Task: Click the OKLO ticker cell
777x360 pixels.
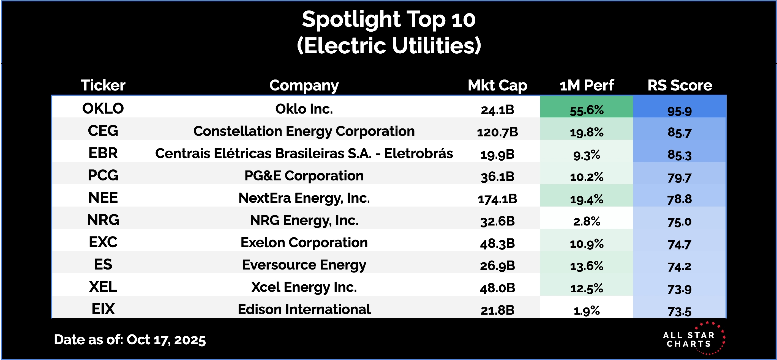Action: click(x=103, y=109)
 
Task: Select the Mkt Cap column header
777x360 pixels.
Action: click(x=497, y=85)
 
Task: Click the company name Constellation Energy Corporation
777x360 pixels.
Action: click(x=304, y=131)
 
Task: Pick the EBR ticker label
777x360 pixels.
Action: click(x=103, y=153)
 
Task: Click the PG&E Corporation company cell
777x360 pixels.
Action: click(x=304, y=176)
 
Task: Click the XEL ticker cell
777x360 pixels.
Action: click(x=103, y=287)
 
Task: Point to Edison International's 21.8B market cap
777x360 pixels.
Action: click(x=497, y=310)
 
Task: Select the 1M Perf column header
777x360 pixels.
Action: click(x=587, y=85)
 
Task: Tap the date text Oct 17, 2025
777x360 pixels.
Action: click(x=166, y=340)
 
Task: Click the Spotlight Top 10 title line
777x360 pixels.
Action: click(x=389, y=20)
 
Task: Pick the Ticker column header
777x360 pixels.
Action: click(x=103, y=85)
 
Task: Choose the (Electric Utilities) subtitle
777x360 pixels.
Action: click(x=389, y=46)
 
